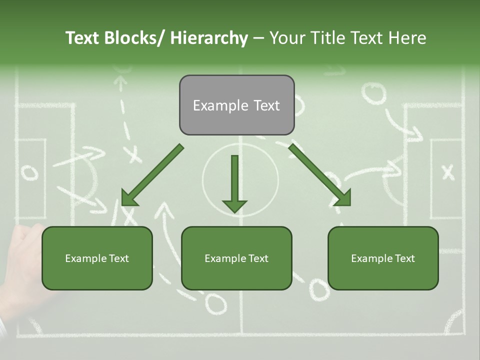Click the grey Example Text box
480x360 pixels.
click(x=236, y=105)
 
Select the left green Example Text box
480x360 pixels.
click(x=97, y=258)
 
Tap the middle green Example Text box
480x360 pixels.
click(x=236, y=258)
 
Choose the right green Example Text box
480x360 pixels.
click(x=383, y=258)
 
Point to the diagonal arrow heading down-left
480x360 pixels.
click(x=152, y=175)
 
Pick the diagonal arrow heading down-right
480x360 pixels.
click(x=320, y=175)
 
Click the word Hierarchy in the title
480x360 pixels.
click(x=209, y=38)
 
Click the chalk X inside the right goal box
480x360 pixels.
click(x=448, y=172)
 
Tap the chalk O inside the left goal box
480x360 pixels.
click(x=29, y=172)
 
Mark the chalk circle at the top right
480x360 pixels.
click(x=374, y=93)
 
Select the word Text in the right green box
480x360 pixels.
click(x=404, y=258)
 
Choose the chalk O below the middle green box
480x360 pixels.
click(x=216, y=302)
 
